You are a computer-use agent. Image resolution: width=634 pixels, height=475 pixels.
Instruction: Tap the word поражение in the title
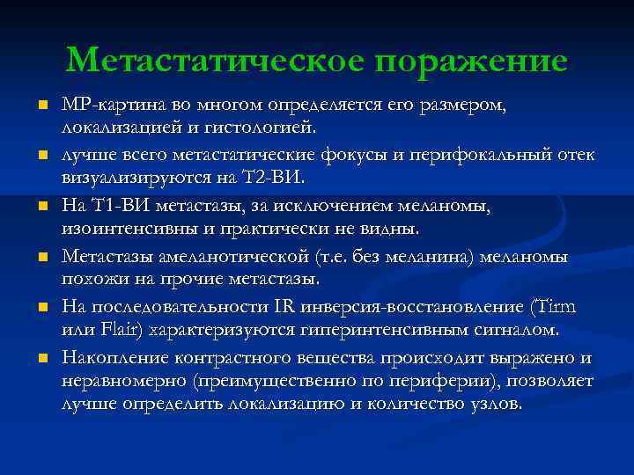[470, 61]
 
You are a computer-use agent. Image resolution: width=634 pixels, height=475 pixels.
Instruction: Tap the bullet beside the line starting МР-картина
[41, 107]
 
